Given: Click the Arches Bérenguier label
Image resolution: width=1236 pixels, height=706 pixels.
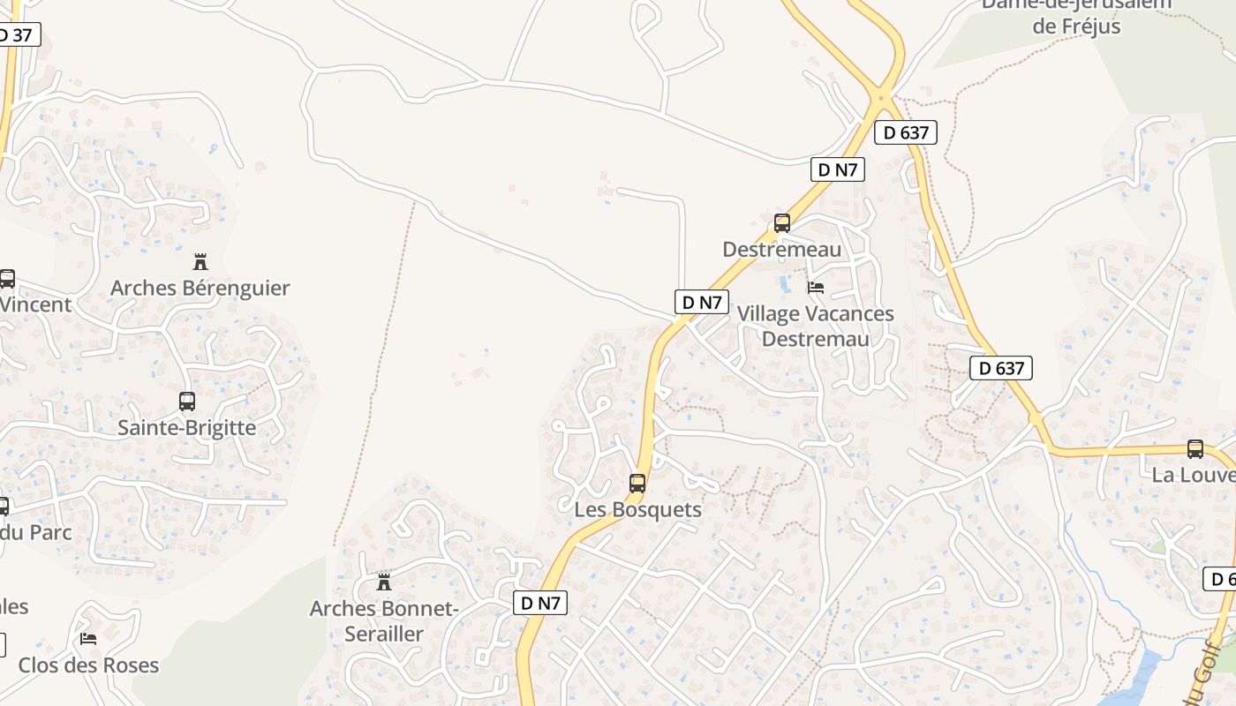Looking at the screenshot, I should [200, 288].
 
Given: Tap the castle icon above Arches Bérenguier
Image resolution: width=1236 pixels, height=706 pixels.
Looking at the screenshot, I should [200, 261].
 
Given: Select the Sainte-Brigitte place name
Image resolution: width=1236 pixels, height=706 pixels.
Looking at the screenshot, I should [186, 427].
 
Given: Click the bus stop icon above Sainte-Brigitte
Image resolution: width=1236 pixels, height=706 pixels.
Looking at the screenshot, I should [187, 402].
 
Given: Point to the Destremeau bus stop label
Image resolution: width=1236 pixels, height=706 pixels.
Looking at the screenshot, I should [782, 249].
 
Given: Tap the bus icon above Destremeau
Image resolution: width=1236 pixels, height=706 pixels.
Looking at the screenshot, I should [782, 222].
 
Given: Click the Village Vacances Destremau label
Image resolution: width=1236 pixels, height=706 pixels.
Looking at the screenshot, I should [815, 326].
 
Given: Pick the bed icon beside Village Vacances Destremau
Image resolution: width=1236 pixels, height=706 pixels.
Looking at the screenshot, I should [816, 288].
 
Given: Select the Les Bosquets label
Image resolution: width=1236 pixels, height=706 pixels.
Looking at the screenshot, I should [637, 509].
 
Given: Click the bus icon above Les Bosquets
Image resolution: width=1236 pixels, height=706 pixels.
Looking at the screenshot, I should [637, 483].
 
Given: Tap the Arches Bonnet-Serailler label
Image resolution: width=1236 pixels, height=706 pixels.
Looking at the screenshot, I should [384, 620].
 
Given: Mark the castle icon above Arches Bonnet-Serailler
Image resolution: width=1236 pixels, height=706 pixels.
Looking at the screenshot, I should [384, 582].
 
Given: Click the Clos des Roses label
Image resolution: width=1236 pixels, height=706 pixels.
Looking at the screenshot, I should [88, 665].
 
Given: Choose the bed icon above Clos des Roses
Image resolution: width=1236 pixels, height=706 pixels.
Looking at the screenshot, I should [88, 638].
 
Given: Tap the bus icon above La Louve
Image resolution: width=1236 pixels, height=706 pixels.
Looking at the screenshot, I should [1195, 448].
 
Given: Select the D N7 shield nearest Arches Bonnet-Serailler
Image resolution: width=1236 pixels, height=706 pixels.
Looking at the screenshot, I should [540, 603].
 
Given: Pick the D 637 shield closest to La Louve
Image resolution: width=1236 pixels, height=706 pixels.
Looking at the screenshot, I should [1001, 368].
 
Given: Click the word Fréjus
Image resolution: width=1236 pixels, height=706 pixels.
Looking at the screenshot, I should [1076, 26].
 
